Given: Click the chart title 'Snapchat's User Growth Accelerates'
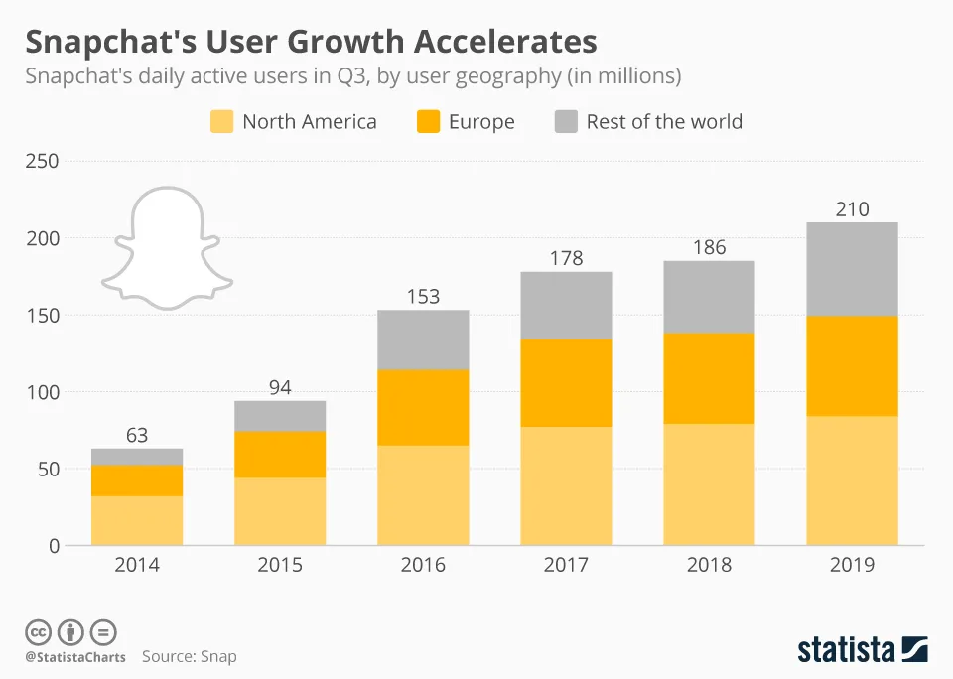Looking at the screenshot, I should point(311,42).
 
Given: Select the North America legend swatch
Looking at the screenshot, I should point(222,122).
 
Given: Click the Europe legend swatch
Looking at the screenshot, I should point(428,122).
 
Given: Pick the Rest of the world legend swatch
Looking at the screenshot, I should point(566,122).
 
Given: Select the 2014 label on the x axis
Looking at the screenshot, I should point(137,565).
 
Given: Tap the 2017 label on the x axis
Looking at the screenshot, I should point(566,565).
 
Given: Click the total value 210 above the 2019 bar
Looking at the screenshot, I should point(852,208).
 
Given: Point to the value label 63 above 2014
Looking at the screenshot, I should point(137,434).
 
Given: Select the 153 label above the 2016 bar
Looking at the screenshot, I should point(423,296).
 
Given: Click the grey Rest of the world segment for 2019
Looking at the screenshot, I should point(852,269).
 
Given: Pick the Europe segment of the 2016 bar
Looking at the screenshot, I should point(423,407).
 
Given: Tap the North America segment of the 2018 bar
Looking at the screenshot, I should point(709,484).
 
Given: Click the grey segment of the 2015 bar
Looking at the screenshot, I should point(280,416).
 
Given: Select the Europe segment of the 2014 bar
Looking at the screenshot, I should point(137,480).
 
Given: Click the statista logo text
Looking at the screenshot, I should point(844,650).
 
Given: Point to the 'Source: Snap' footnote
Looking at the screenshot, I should point(189,656).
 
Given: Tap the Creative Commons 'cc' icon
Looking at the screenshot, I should point(38,632).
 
